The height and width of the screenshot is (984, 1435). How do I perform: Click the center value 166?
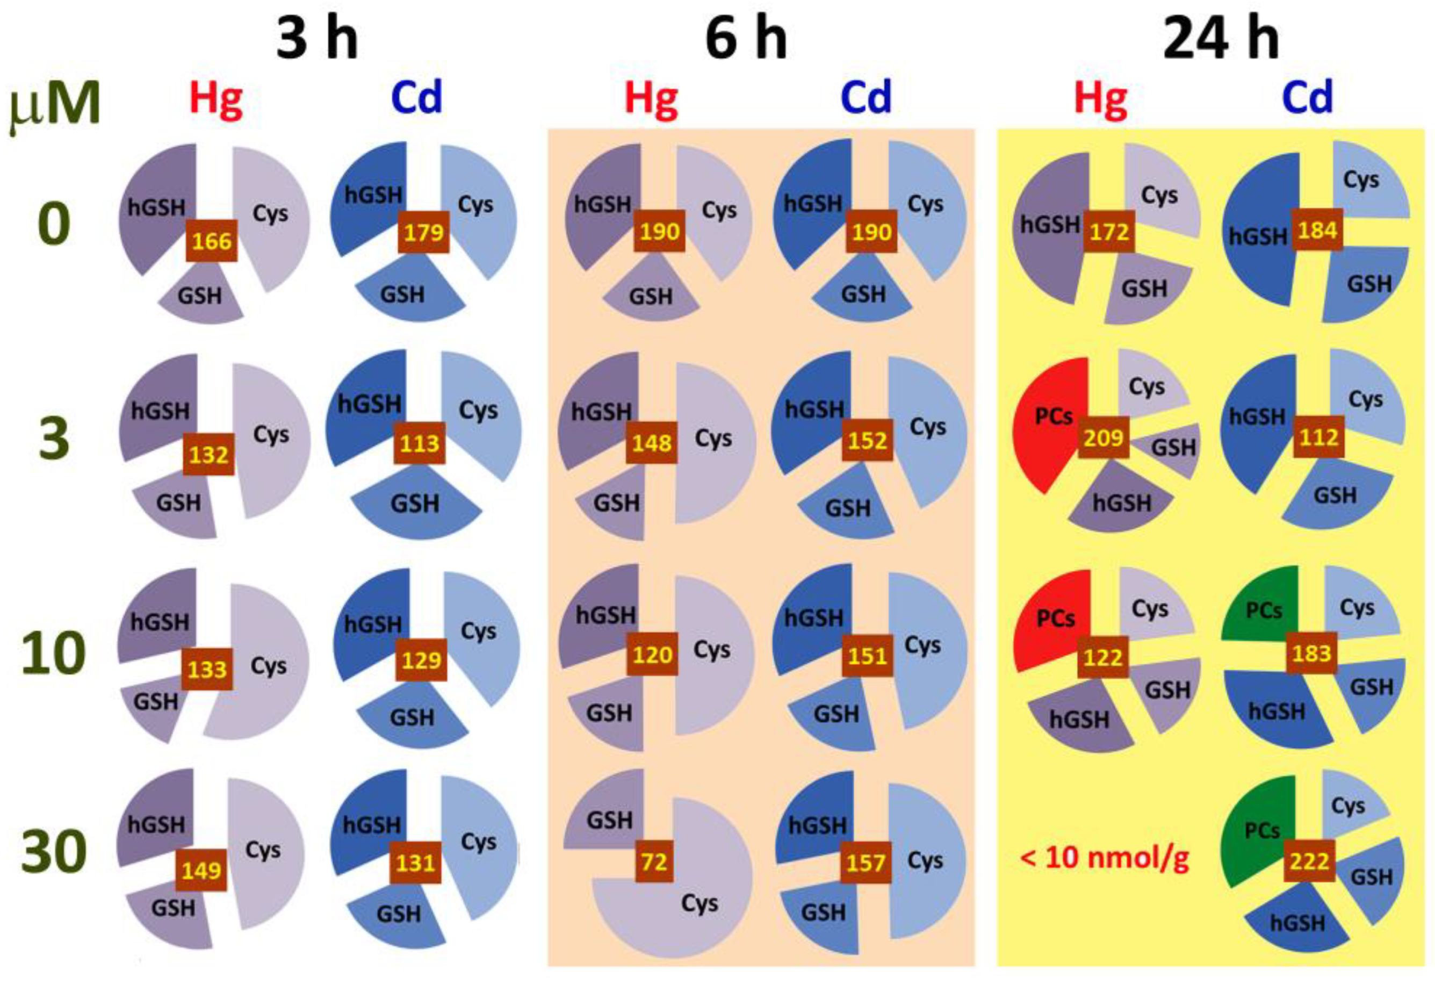click(x=212, y=241)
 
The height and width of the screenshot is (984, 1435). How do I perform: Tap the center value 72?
click(x=654, y=861)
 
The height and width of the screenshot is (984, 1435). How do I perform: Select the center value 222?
click(x=1310, y=861)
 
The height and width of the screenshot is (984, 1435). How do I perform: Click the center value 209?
click(x=1104, y=438)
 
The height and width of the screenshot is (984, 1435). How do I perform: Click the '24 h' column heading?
click(x=1221, y=39)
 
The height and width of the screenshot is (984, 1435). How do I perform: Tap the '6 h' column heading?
click(x=746, y=39)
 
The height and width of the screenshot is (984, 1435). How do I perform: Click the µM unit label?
click(x=54, y=105)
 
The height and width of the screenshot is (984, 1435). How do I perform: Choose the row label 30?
click(x=54, y=852)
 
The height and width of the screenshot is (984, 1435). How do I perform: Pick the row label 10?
click(x=54, y=653)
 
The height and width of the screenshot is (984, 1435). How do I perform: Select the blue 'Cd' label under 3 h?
click(x=417, y=98)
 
